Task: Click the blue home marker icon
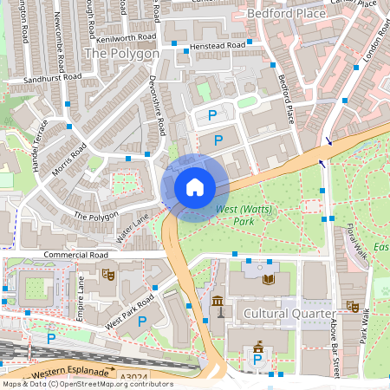point(195,186)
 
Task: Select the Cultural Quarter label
point(289,312)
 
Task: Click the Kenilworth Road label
point(127,38)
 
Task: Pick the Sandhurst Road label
point(53,77)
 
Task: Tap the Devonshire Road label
point(159,110)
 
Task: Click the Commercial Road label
point(75,256)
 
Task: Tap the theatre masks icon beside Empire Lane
point(108,274)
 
